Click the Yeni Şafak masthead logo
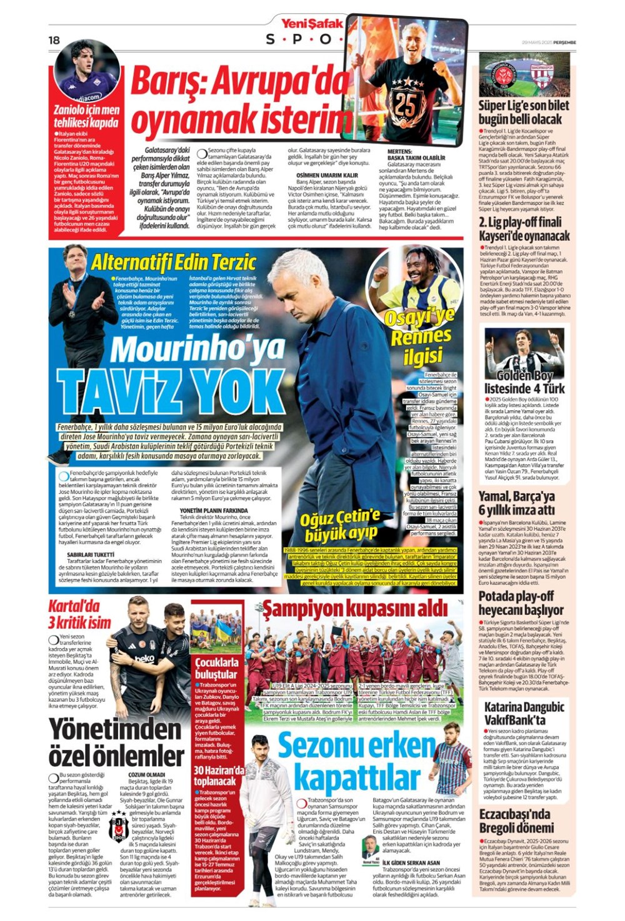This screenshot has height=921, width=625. point(312,24)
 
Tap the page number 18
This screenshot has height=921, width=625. point(54,40)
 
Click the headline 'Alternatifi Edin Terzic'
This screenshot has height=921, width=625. point(173,262)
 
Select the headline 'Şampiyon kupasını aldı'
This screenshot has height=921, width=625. point(354,608)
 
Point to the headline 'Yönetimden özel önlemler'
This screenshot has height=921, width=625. point(116,742)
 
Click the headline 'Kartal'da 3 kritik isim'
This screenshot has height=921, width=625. point(79,614)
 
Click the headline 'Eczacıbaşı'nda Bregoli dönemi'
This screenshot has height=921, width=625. point(516,820)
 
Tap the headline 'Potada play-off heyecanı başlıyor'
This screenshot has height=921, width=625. point(521,603)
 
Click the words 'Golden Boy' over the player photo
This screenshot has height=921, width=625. point(524,375)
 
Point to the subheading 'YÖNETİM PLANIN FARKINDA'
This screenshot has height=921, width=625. point(209,510)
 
